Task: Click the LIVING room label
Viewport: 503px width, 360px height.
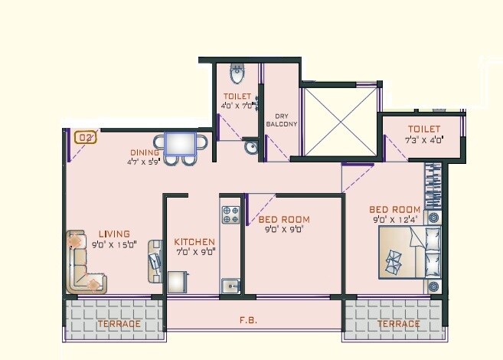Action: (113, 234)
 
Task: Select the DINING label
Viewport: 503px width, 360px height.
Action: (144, 152)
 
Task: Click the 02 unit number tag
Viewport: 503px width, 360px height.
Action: (86, 138)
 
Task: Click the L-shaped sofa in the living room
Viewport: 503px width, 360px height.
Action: (85, 263)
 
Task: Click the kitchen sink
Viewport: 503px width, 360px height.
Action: (230, 286)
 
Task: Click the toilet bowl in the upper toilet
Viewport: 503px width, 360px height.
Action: (237, 74)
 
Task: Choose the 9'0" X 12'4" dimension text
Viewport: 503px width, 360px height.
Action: (395, 221)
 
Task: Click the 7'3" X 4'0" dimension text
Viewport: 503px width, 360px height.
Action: (425, 140)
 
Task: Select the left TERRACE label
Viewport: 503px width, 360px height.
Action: (119, 324)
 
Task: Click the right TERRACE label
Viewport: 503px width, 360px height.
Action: (398, 324)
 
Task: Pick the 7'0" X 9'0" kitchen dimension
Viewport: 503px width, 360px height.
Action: (194, 251)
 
